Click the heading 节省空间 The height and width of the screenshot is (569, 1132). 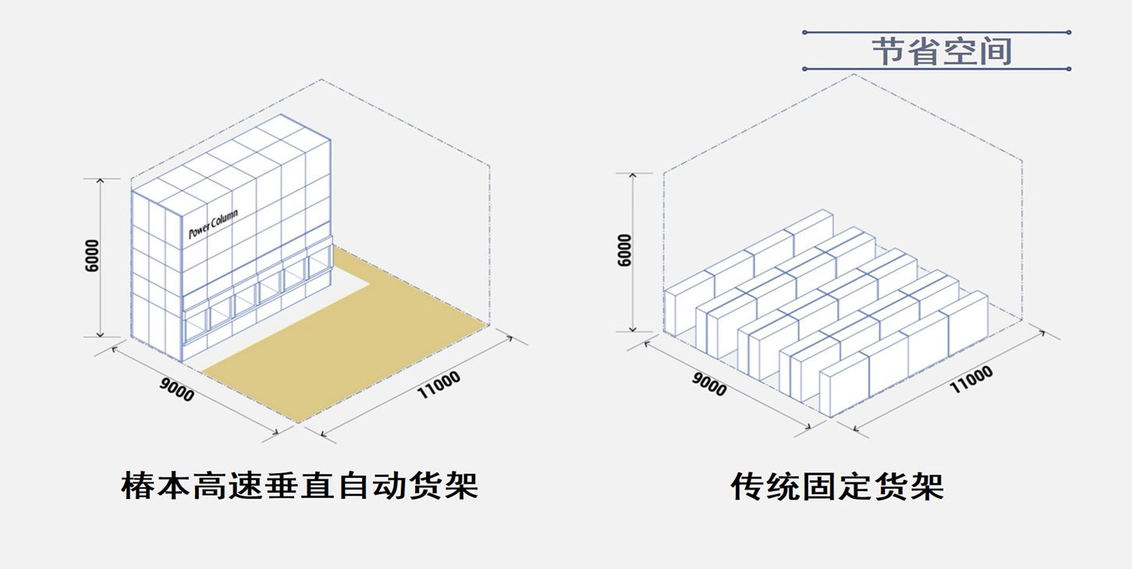(941, 51)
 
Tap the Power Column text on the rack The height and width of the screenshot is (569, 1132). (213, 224)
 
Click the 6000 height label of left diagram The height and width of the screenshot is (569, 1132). (93, 256)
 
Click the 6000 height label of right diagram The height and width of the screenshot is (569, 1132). (625, 250)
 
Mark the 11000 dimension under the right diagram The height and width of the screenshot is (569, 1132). (971, 379)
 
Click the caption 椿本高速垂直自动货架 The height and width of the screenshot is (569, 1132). (300, 485)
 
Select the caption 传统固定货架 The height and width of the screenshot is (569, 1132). (837, 486)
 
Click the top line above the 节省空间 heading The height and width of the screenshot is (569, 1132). (936, 33)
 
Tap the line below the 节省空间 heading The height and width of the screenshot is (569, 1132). (936, 69)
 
